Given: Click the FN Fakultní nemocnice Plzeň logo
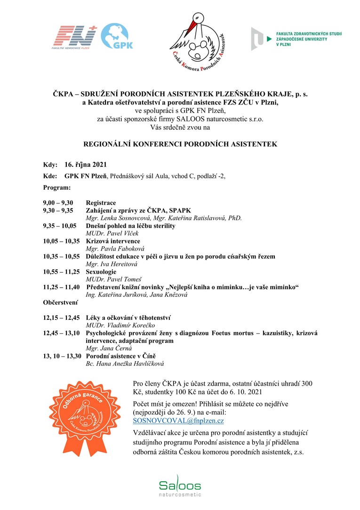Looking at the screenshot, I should click(x=74, y=38).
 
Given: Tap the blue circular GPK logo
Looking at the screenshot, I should click(x=118, y=37).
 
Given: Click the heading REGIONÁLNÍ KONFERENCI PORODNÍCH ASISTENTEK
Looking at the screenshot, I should click(x=180, y=144).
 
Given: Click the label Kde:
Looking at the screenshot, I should click(x=49, y=176).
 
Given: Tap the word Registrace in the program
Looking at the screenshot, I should click(x=101, y=203).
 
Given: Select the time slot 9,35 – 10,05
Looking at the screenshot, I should click(x=59, y=226).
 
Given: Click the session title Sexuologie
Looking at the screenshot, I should click(x=101, y=272).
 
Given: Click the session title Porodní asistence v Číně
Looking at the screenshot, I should click(x=120, y=356).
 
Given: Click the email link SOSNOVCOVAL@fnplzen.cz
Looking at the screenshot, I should click(x=178, y=421).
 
